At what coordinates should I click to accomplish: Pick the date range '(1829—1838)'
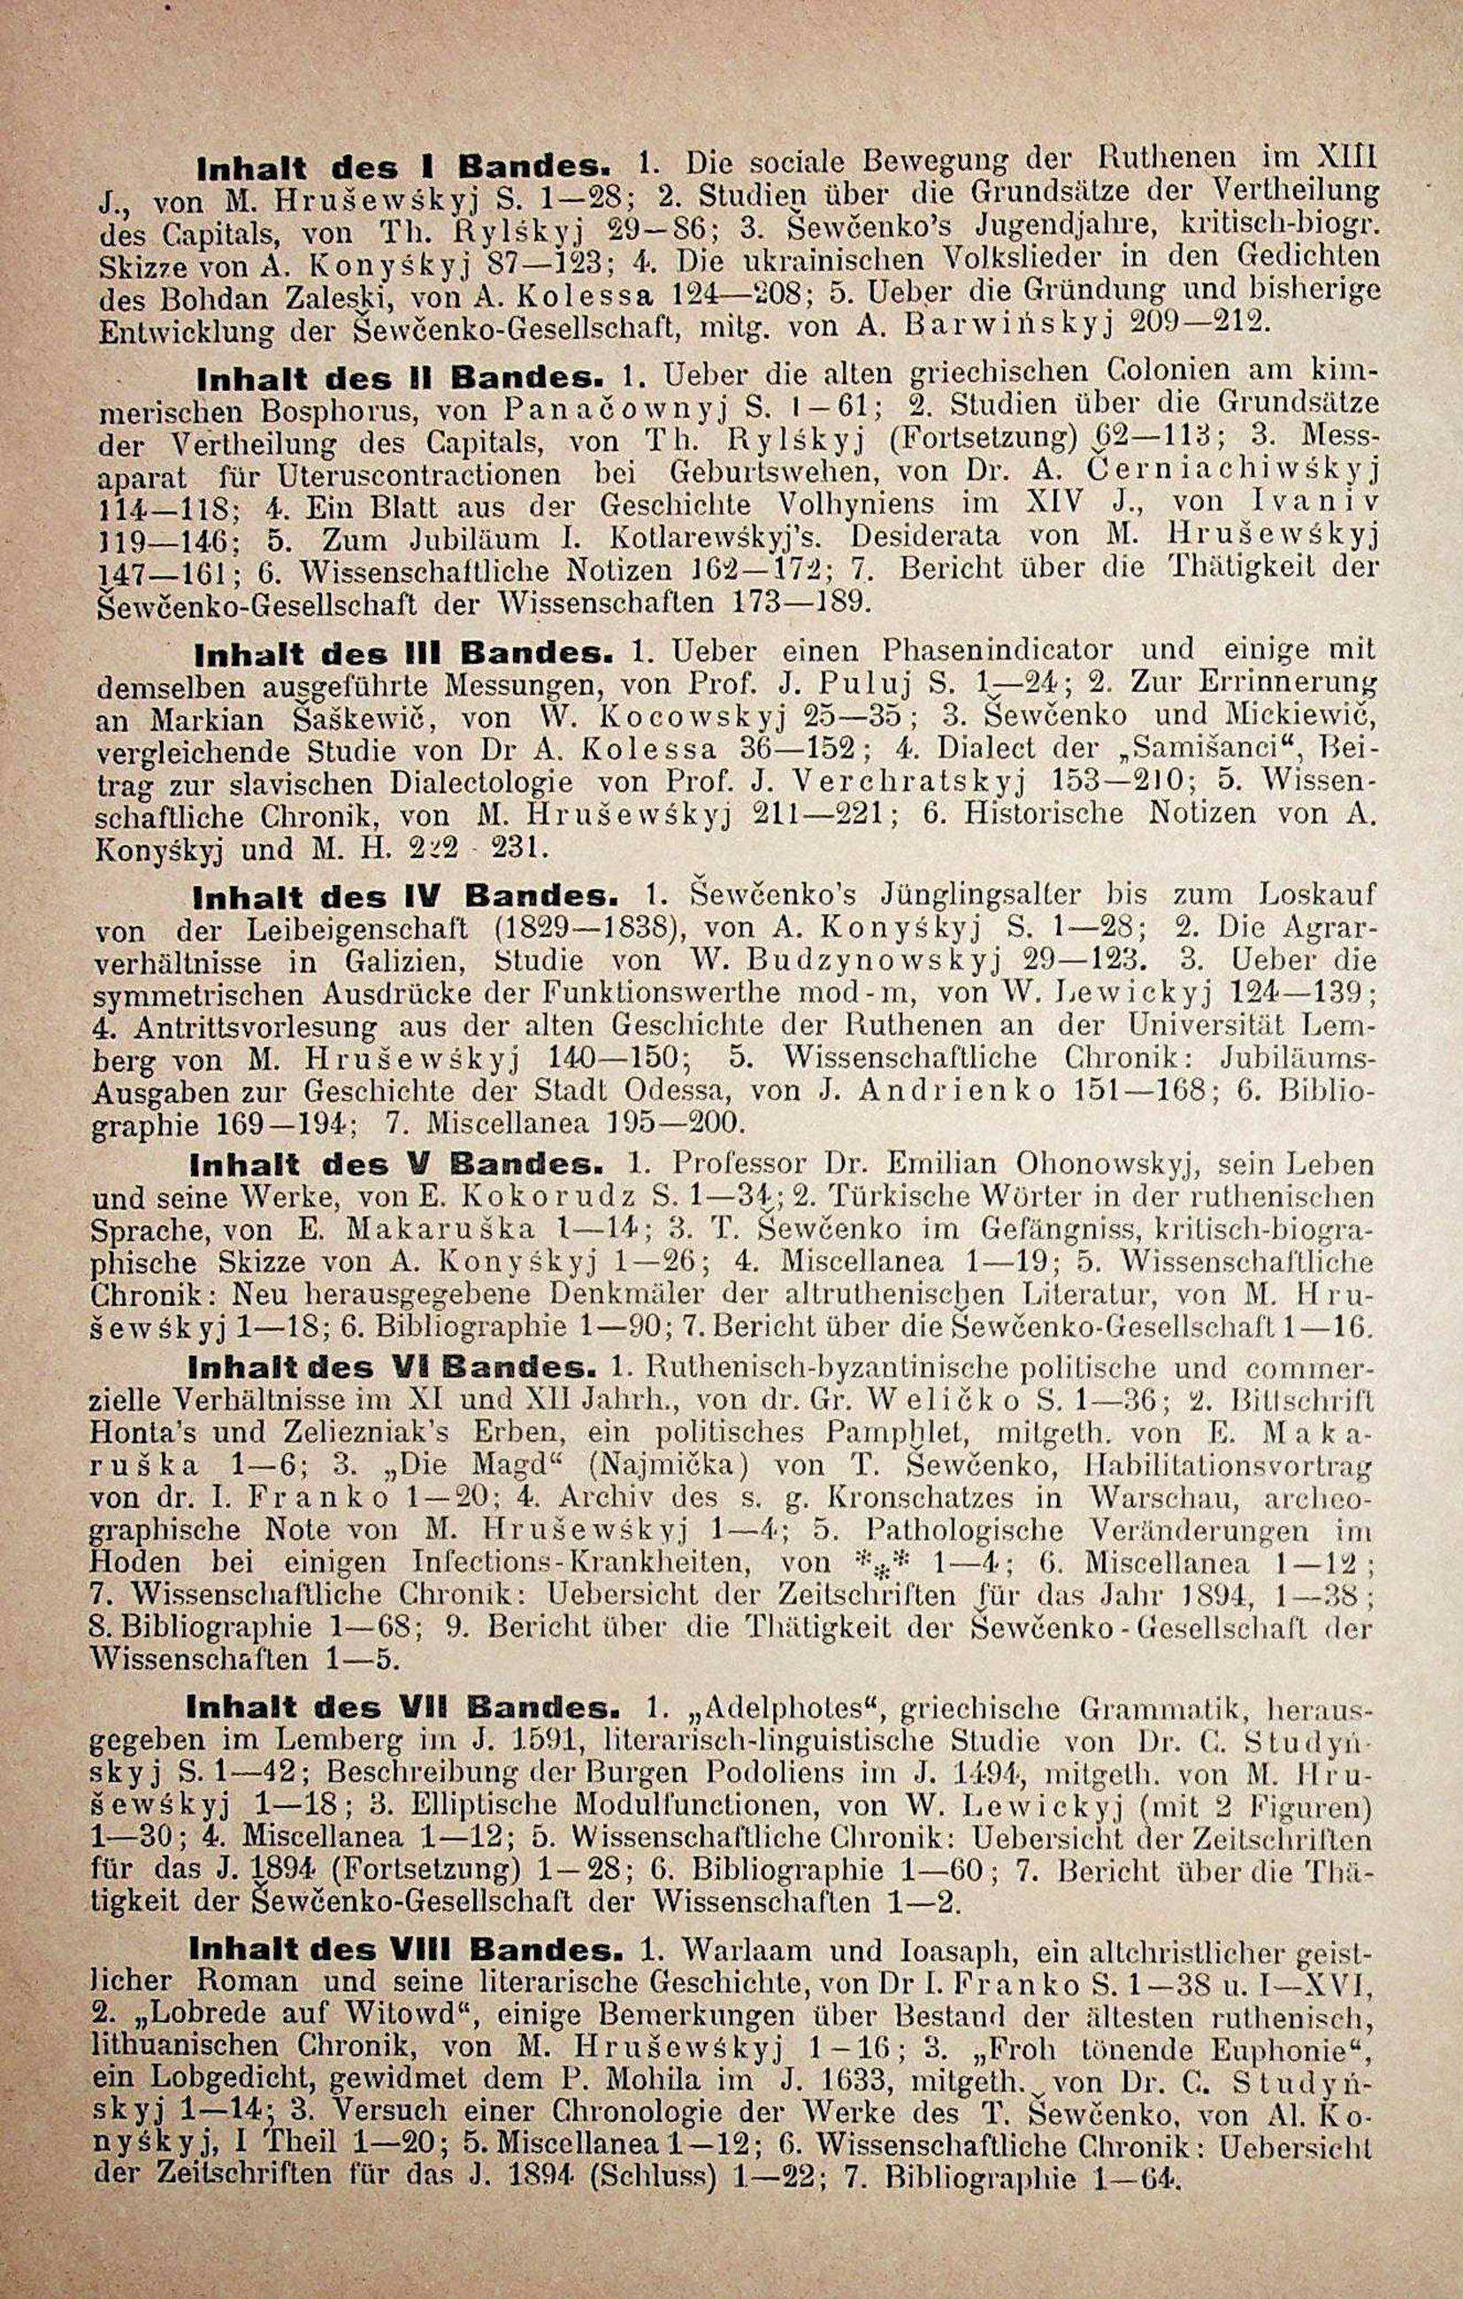tap(591, 930)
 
